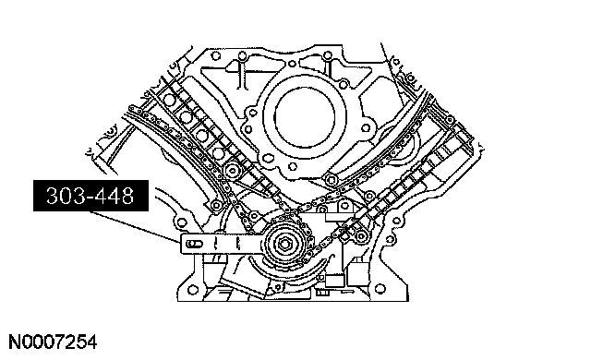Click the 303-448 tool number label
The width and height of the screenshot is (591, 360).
pos(90,196)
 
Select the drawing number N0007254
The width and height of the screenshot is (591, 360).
pos(53,342)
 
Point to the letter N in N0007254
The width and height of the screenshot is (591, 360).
pos(15,342)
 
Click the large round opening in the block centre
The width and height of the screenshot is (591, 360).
pos(305,117)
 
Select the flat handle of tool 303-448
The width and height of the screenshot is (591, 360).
pos(223,244)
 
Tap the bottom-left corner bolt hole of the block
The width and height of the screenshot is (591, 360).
pos(193,290)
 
